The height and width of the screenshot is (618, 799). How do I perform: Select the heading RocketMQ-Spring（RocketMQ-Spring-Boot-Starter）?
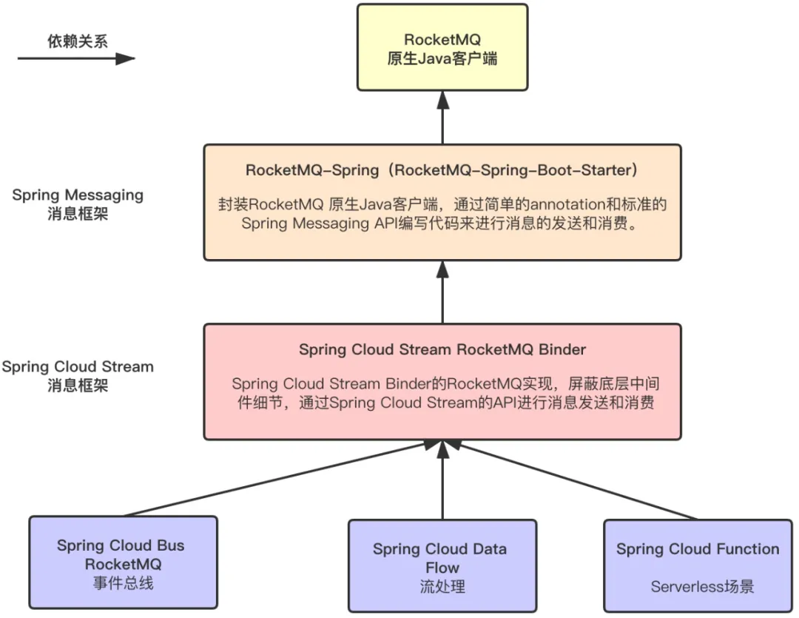point(442,169)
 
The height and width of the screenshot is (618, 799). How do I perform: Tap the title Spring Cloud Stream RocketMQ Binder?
point(442,349)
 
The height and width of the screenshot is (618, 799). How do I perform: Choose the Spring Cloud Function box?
point(697,566)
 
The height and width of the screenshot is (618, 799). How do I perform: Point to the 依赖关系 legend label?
point(73,41)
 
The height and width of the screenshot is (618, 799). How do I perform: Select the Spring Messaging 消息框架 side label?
point(78,204)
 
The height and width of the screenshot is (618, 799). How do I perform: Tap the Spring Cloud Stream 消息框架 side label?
point(78,376)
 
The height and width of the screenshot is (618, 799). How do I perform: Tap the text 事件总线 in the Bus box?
point(123,583)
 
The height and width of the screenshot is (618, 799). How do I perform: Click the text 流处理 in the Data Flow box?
point(442,587)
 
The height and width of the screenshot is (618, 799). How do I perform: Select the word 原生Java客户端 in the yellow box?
point(442,58)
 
